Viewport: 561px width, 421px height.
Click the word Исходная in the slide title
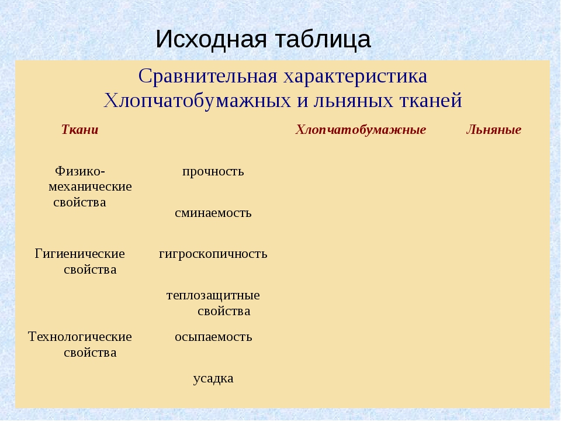point(211,39)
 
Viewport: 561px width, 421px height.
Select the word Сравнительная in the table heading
point(208,76)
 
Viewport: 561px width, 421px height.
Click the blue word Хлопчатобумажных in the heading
point(197,101)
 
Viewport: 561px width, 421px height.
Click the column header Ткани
point(80,130)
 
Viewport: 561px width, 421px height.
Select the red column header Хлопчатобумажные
point(361,130)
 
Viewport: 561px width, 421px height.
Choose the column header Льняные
point(494,130)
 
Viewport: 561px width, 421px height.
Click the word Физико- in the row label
point(80,171)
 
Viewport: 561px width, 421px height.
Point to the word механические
point(90,187)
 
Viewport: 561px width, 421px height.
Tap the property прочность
point(213,172)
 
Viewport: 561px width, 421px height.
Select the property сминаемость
point(213,213)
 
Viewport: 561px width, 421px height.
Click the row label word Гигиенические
point(80,254)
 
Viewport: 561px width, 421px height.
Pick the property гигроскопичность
point(213,254)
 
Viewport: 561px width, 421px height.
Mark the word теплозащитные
point(213,295)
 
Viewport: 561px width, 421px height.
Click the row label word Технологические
point(80,337)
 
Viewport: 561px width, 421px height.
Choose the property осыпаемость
point(213,337)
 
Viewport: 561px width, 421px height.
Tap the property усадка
point(213,379)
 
